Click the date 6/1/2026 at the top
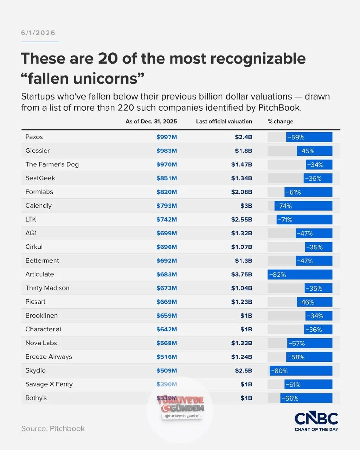[38, 33]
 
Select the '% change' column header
[280, 122]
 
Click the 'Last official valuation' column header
[224, 122]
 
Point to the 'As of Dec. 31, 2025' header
[151, 122]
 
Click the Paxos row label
[34, 137]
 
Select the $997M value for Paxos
[167, 137]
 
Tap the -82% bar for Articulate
[300, 275]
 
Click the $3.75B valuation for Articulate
[242, 274]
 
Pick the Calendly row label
[38, 206]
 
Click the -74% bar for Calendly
[303, 206]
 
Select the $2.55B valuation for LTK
[242, 219]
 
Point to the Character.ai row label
[43, 329]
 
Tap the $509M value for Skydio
[167, 371]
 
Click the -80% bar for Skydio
[301, 371]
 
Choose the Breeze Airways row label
[49, 357]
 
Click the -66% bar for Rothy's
[306, 398]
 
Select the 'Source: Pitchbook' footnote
[53, 429]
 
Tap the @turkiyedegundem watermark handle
[182, 416]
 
